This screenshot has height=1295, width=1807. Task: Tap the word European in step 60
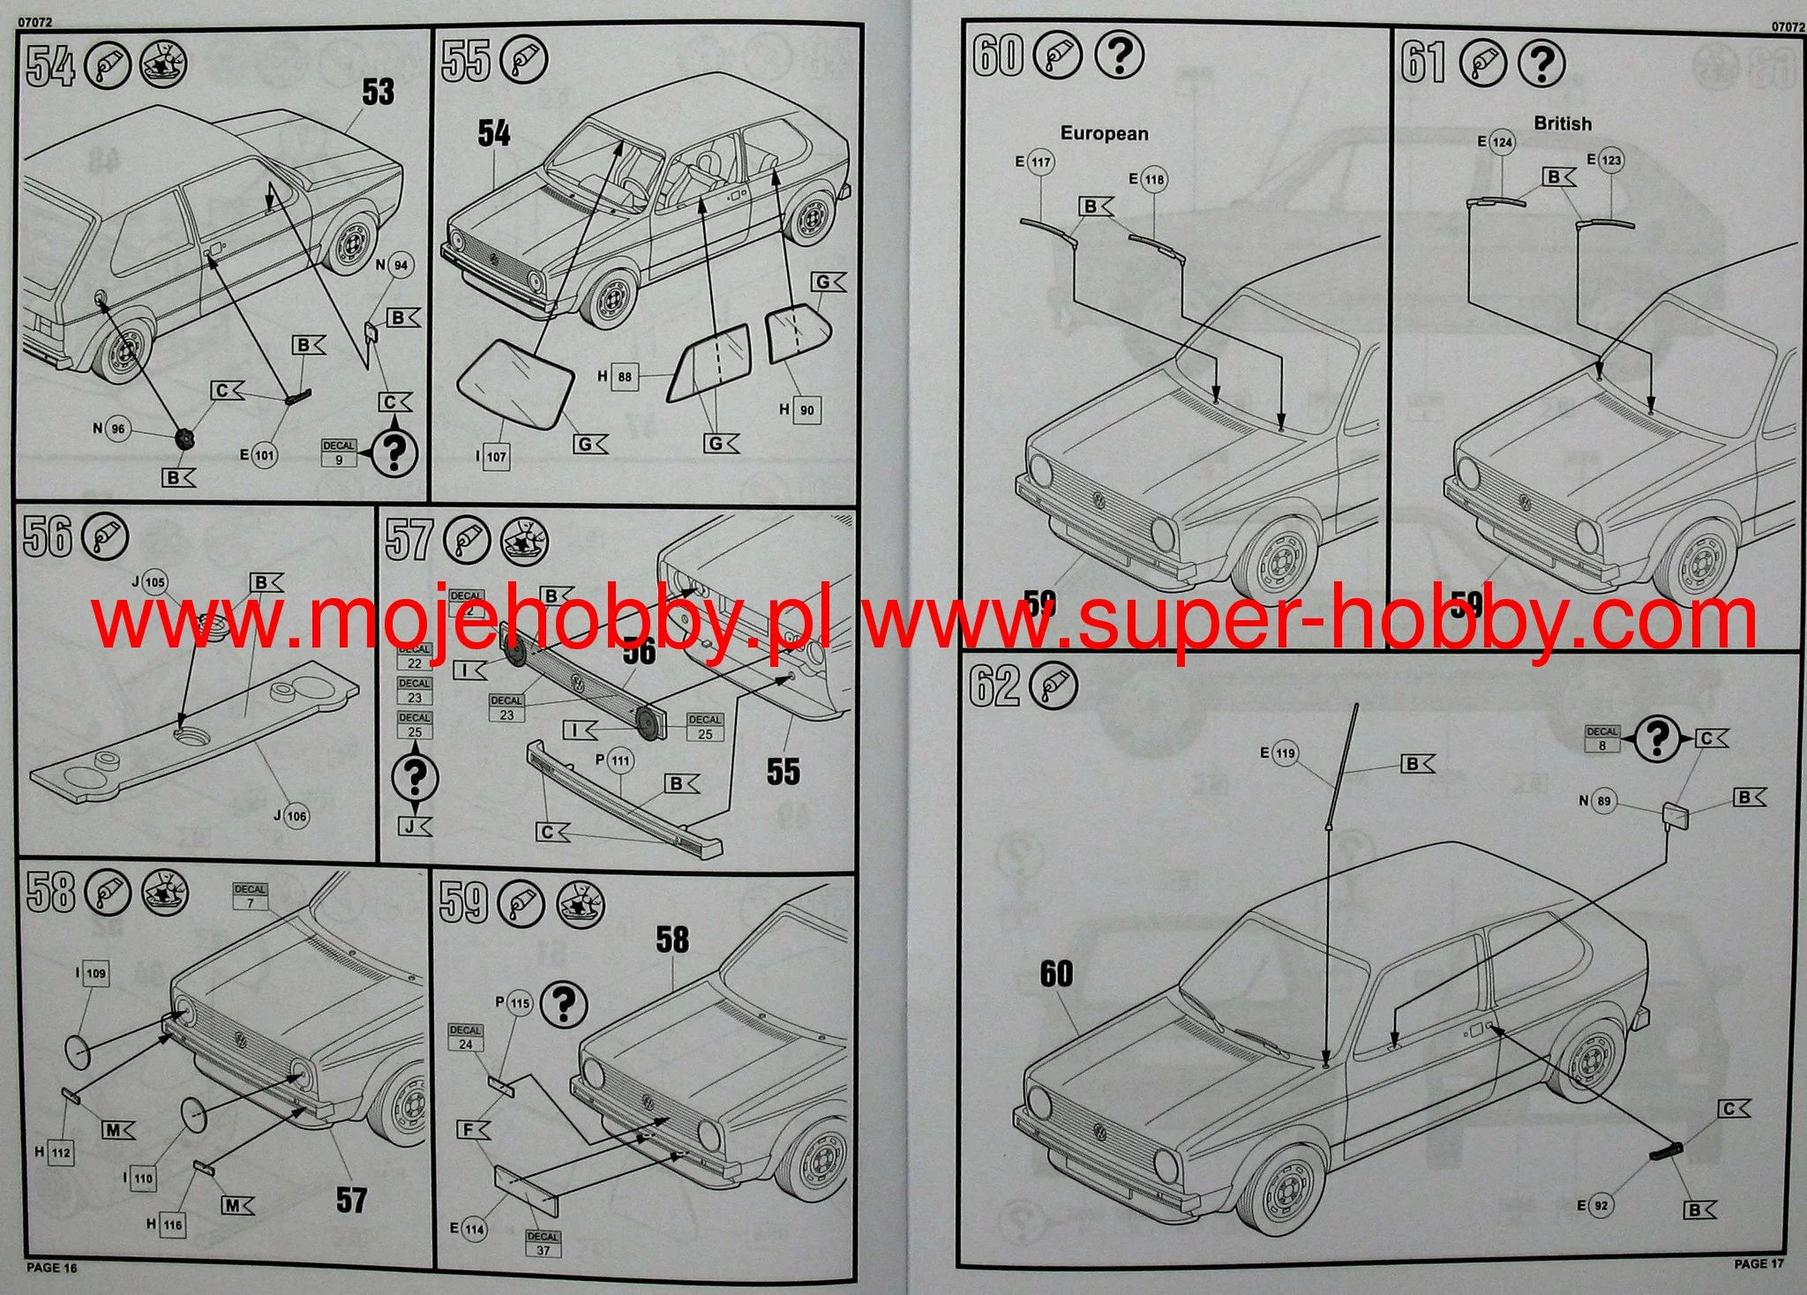(x=1104, y=134)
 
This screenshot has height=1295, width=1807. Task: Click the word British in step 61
(x=1563, y=124)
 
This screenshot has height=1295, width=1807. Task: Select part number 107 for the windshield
(x=496, y=457)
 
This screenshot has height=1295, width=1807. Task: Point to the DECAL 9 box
(x=339, y=453)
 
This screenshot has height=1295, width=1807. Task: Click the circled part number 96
(x=117, y=430)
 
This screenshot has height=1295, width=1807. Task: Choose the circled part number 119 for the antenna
(x=1284, y=753)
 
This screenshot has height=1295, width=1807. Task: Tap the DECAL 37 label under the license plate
(x=543, y=1244)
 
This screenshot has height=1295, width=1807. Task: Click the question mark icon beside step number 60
(x=1119, y=56)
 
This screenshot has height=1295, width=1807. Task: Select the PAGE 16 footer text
(x=52, y=1268)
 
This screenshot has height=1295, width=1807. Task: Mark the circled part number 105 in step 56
(x=154, y=582)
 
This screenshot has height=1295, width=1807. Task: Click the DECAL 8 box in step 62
(x=1602, y=738)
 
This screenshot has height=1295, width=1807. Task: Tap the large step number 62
(x=993, y=686)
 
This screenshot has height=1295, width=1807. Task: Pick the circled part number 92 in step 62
(x=1601, y=1205)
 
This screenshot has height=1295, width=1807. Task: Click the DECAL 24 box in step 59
(x=465, y=1037)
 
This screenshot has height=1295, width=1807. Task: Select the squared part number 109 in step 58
(x=95, y=974)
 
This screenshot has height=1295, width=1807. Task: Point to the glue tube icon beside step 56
(x=105, y=537)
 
